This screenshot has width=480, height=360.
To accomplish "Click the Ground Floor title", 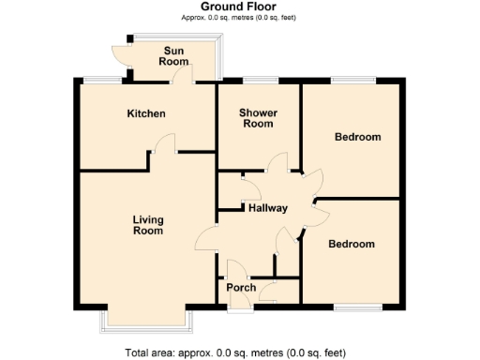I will pos(238,7).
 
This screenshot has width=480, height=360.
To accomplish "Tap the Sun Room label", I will pos(174,55).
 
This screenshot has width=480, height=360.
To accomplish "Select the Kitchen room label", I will pos(146,113).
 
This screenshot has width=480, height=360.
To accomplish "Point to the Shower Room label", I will pos(258,118).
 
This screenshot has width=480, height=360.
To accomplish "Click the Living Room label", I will pos(147,225).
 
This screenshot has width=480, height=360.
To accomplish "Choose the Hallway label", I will pos(267,208).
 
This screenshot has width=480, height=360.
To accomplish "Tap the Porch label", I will pos(241,287).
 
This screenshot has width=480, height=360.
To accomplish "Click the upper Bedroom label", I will pos(358,137).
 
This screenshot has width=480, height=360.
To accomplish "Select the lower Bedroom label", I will pos(351,244).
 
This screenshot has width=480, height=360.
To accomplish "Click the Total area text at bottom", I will pos(235,353).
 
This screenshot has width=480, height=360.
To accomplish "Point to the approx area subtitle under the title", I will pos(238,19).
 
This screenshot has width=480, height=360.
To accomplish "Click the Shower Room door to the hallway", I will pos(277,164).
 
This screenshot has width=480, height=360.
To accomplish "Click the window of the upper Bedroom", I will pos(352,79).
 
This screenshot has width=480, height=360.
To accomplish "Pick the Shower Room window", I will pos(257,79).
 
